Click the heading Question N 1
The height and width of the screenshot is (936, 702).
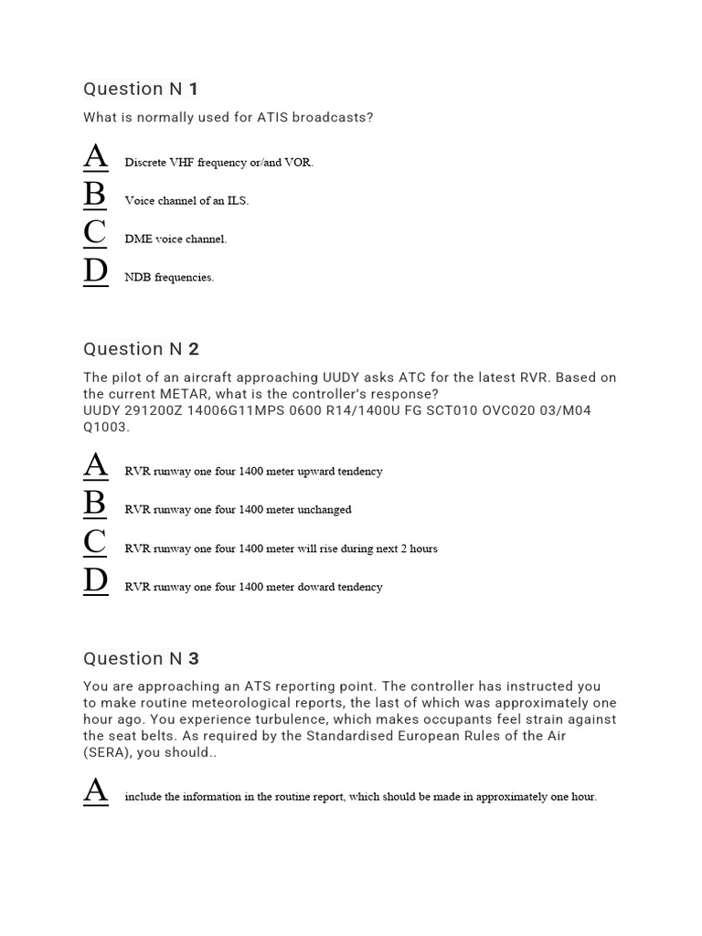(141, 89)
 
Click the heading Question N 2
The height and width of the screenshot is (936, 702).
(141, 348)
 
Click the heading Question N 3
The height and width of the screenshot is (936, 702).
(141, 658)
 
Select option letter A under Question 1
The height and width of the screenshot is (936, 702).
(96, 157)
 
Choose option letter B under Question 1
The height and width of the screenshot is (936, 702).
(95, 196)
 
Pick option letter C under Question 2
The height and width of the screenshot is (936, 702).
(95, 543)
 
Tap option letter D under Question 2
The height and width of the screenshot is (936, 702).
(96, 581)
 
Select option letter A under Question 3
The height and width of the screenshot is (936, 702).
(96, 792)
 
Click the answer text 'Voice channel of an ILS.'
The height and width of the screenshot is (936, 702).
(186, 201)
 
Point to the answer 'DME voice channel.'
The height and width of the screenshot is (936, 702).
(175, 239)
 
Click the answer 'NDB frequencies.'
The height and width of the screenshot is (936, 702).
(169, 278)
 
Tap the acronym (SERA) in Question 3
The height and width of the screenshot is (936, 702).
(108, 752)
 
